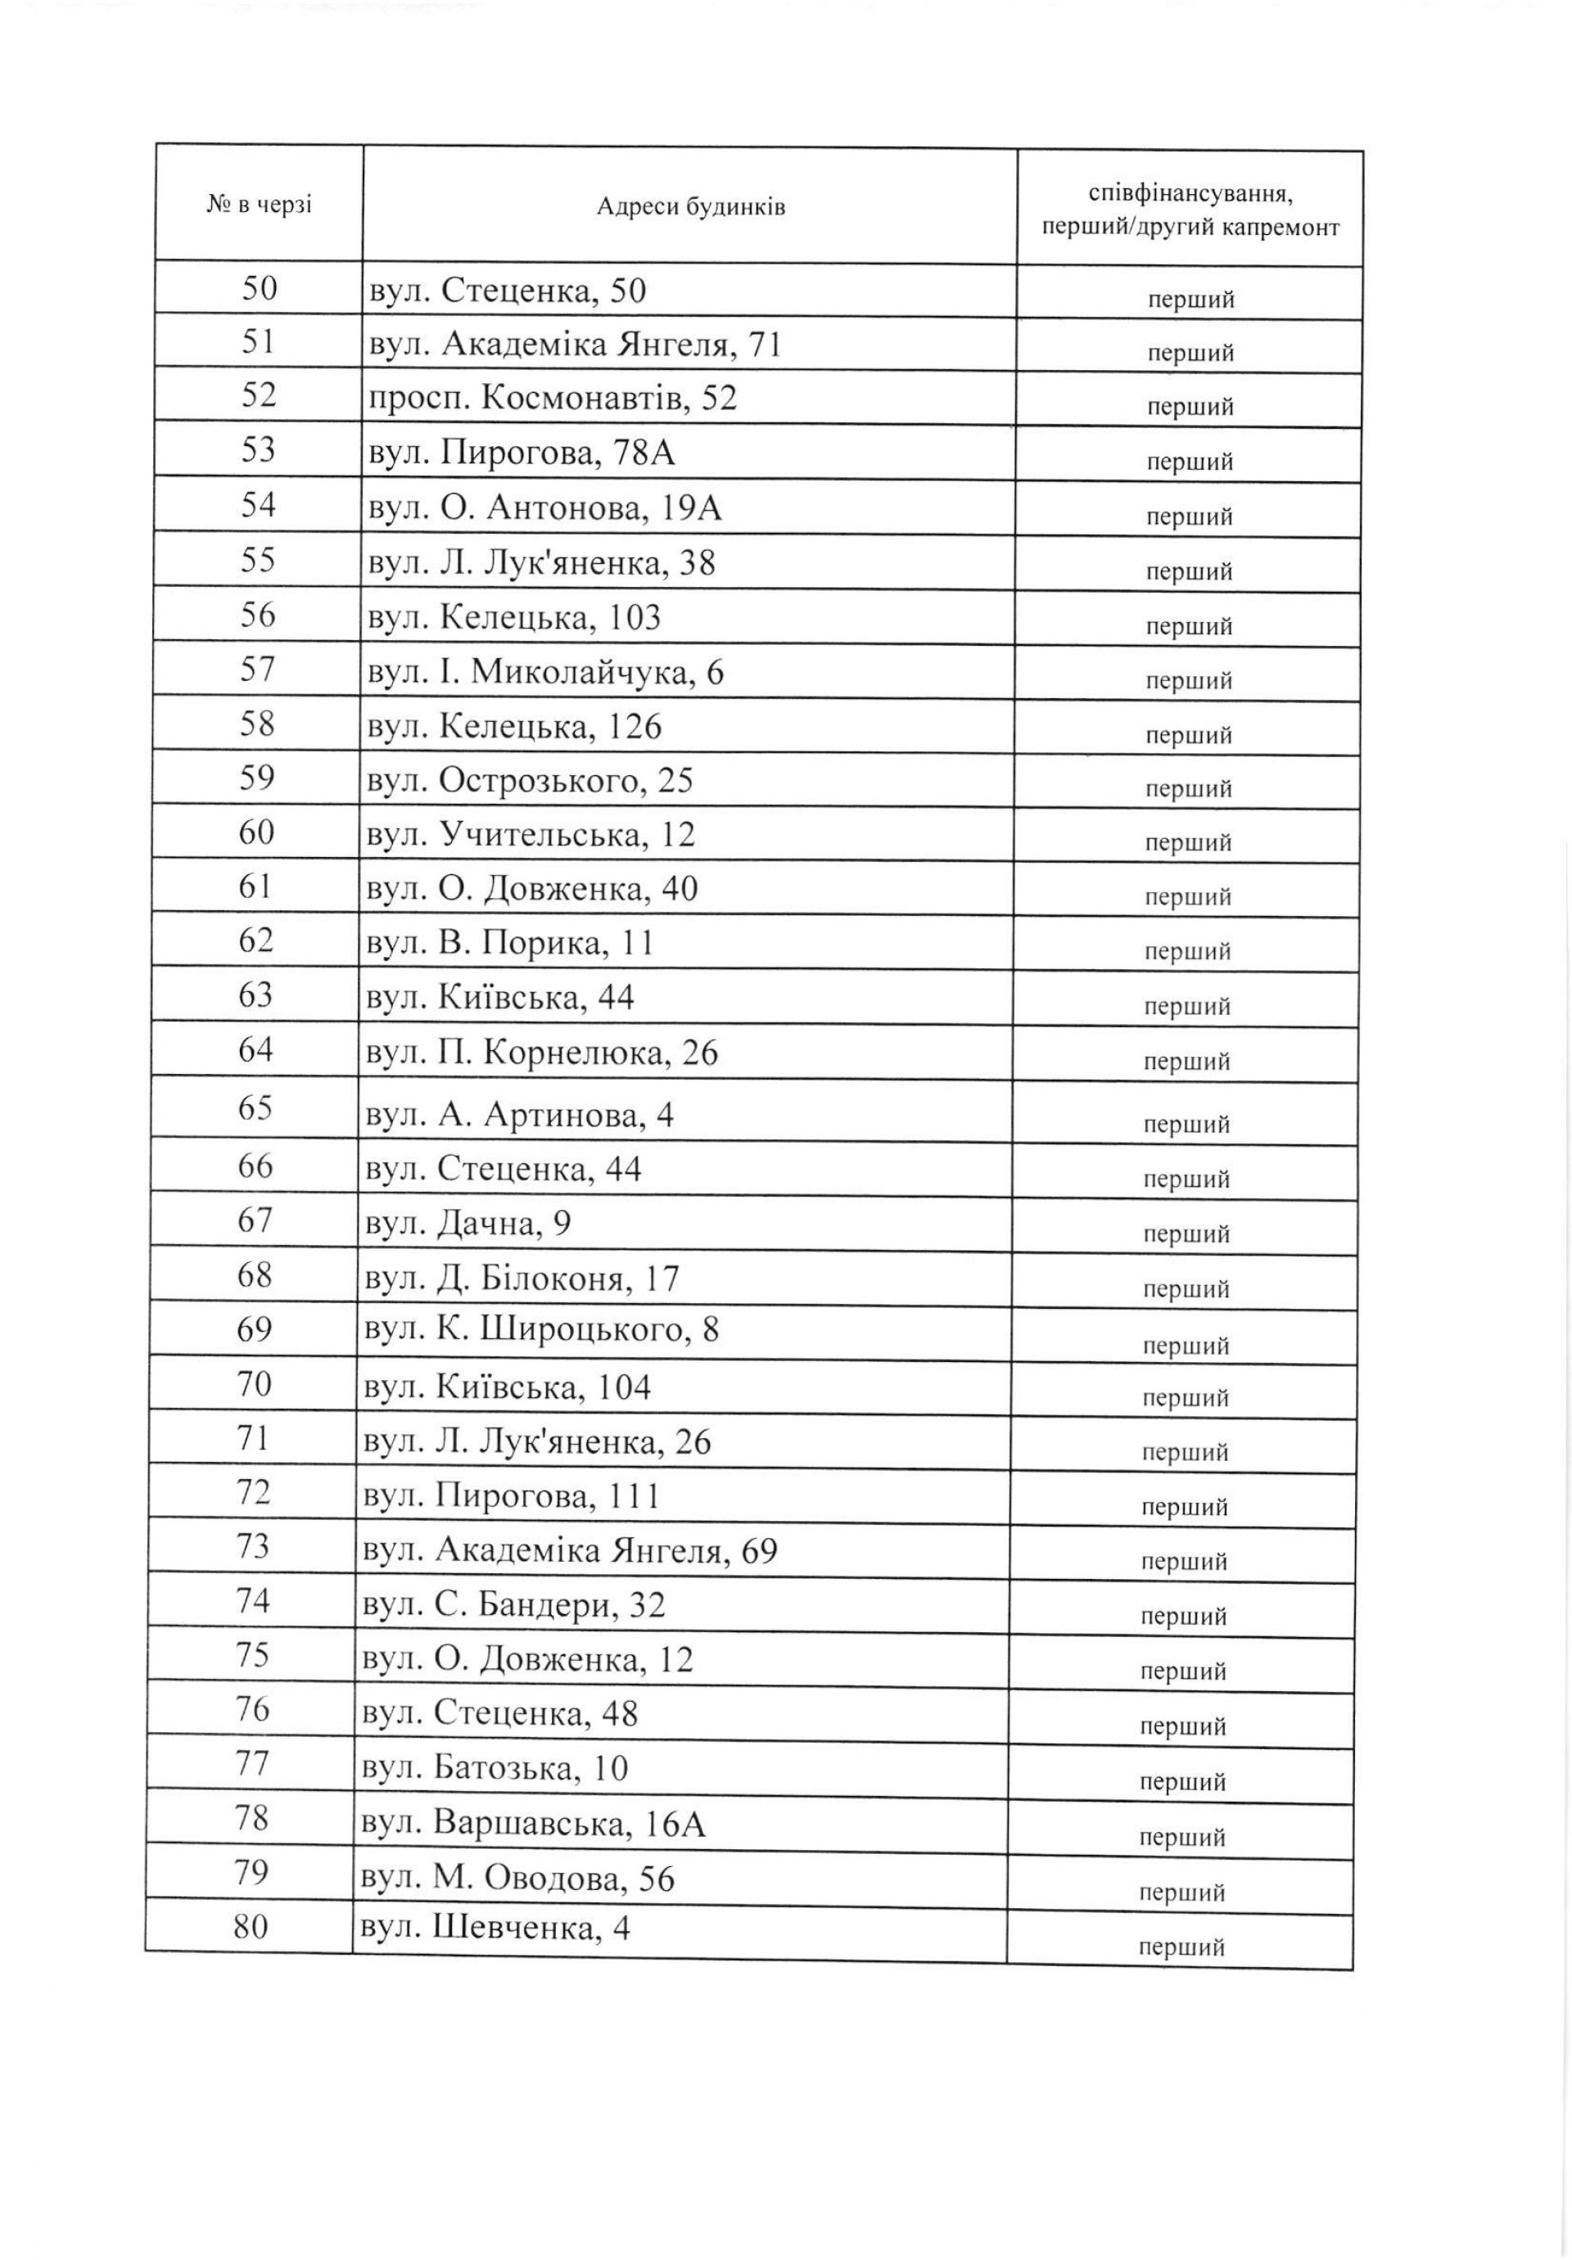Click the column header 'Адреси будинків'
[x=690, y=207]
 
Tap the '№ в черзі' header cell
[x=259, y=205]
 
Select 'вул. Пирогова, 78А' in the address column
[x=521, y=453]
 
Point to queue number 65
[x=255, y=1108]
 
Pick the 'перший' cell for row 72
[x=1184, y=1507]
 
